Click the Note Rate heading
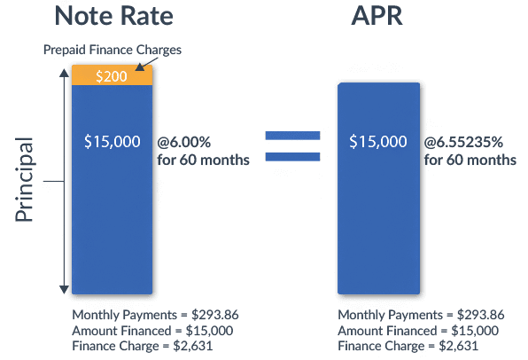(x=113, y=17)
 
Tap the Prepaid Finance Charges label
(x=112, y=50)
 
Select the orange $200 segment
(x=111, y=76)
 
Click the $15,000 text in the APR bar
(x=378, y=141)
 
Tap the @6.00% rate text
(x=184, y=142)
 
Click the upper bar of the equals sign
(x=292, y=136)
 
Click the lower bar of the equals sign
(x=292, y=158)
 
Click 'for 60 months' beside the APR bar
(x=470, y=160)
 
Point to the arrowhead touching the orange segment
(x=139, y=66)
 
